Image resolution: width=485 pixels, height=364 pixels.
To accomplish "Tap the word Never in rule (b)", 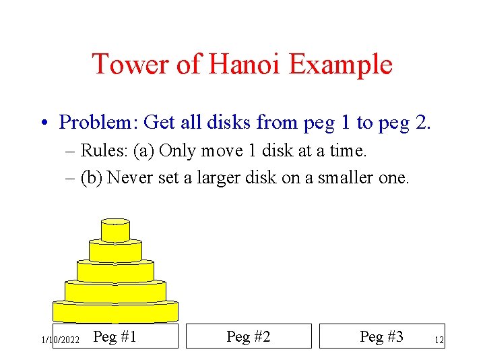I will (x=130, y=178).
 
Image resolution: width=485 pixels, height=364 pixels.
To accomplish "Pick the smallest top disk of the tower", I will (x=115, y=231).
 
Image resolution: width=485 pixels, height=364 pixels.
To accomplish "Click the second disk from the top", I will (x=115, y=251).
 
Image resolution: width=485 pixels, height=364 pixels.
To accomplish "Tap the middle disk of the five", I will (x=115, y=272).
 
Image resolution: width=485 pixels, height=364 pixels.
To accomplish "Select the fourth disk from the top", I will (x=115, y=291).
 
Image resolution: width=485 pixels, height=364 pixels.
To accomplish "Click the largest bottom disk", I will (x=115, y=312).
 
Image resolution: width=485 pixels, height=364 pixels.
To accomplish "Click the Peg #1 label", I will (x=115, y=336).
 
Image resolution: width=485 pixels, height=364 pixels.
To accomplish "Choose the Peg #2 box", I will (x=249, y=336).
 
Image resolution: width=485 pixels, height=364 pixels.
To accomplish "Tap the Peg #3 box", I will (x=382, y=336).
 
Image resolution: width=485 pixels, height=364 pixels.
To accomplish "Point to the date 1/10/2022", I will (x=61, y=340).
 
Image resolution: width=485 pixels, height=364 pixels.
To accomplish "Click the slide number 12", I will (x=439, y=341).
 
